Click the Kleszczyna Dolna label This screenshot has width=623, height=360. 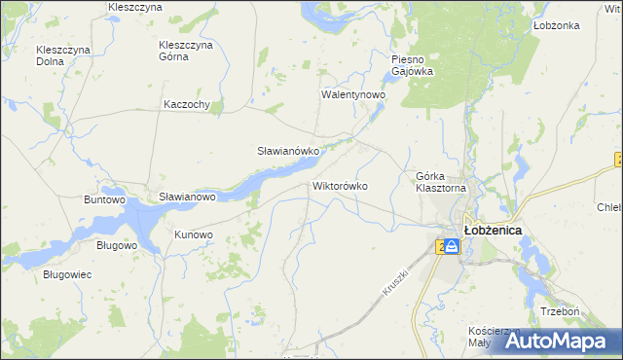(x=63, y=55)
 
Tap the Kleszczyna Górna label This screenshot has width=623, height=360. (x=186, y=50)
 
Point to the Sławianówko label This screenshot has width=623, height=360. (x=288, y=152)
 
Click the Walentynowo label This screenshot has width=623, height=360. (x=354, y=95)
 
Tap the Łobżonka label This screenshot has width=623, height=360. (x=557, y=26)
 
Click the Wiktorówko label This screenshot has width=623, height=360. (x=340, y=185)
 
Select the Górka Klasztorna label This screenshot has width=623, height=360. (x=442, y=182)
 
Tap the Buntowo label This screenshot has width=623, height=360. (x=106, y=199)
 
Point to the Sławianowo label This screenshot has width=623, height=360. (x=187, y=197)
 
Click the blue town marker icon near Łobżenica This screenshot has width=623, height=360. (x=452, y=247)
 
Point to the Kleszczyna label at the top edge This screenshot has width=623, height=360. (x=135, y=7)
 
